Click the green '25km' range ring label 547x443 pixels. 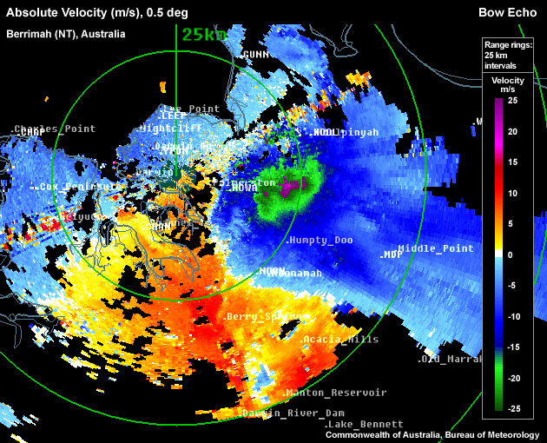[204, 35]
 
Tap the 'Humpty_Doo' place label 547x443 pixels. [321, 240]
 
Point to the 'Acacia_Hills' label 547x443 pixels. [341, 339]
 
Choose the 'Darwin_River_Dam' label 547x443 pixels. [294, 412]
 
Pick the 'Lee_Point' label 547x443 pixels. [191, 109]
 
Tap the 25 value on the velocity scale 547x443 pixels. [512, 101]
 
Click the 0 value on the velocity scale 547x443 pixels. [512, 255]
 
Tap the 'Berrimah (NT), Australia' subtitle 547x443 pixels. [66, 34]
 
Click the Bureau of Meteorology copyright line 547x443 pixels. [433, 434]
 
